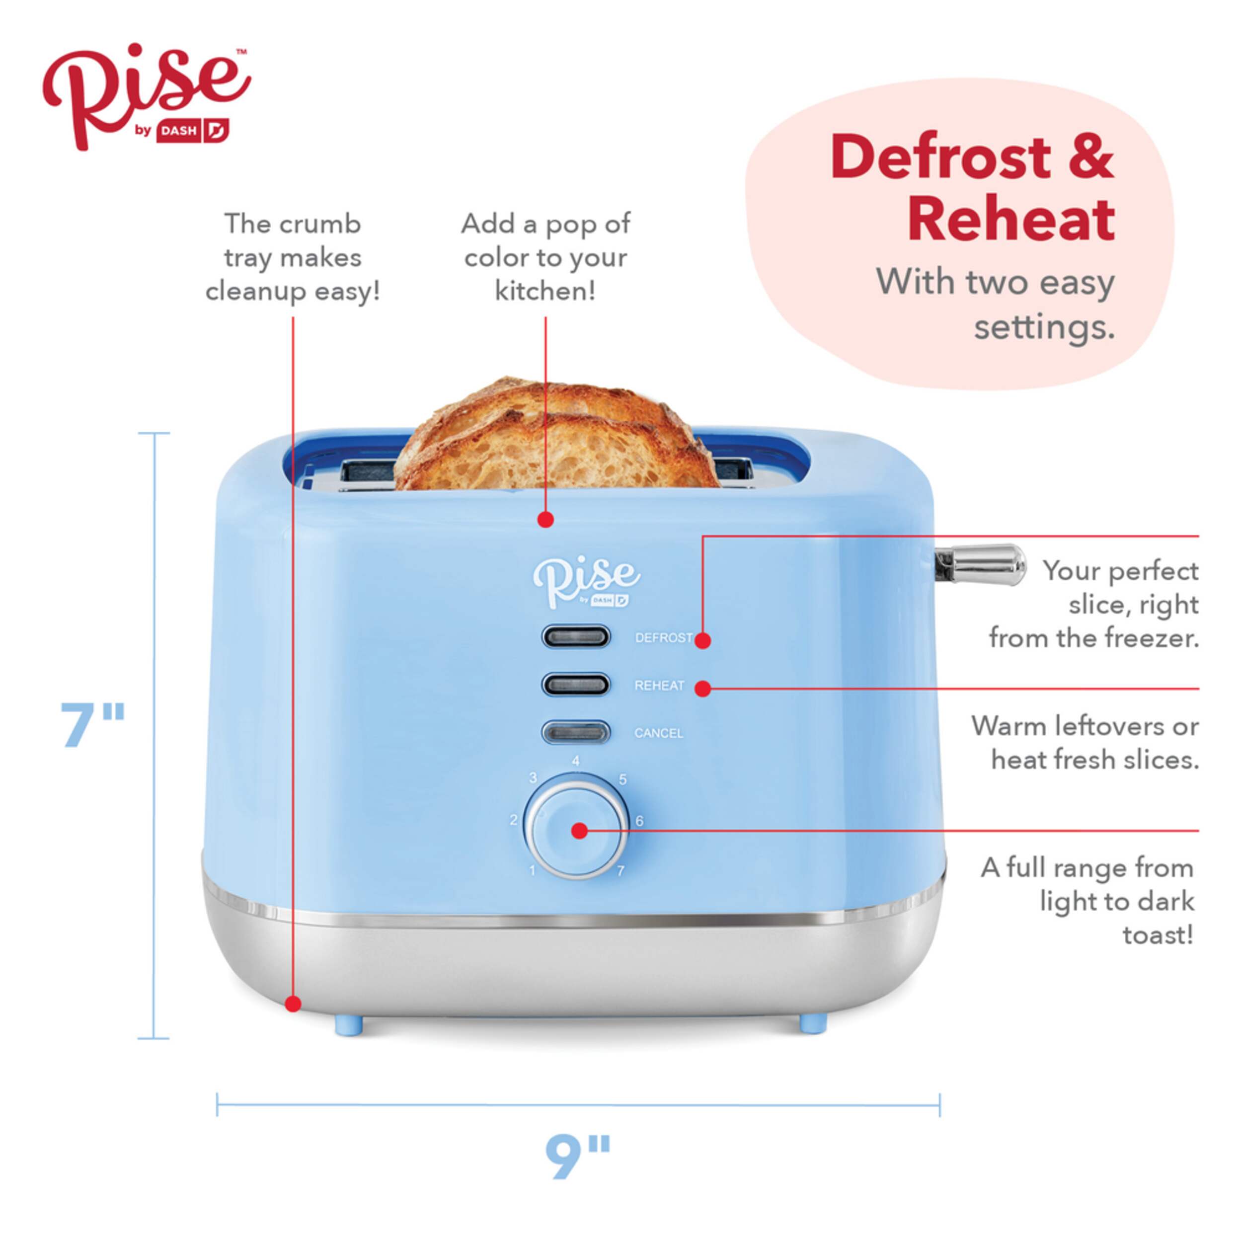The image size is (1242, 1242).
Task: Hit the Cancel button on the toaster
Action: [575, 732]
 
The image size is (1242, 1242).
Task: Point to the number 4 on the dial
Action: [575, 761]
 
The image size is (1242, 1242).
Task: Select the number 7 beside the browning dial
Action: [621, 871]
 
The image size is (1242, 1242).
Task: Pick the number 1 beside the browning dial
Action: [532, 870]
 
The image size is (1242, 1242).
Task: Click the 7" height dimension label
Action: [92, 725]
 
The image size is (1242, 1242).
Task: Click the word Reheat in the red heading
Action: [1010, 220]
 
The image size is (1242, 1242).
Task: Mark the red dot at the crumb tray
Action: [293, 1004]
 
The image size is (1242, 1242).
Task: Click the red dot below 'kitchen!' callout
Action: [546, 520]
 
